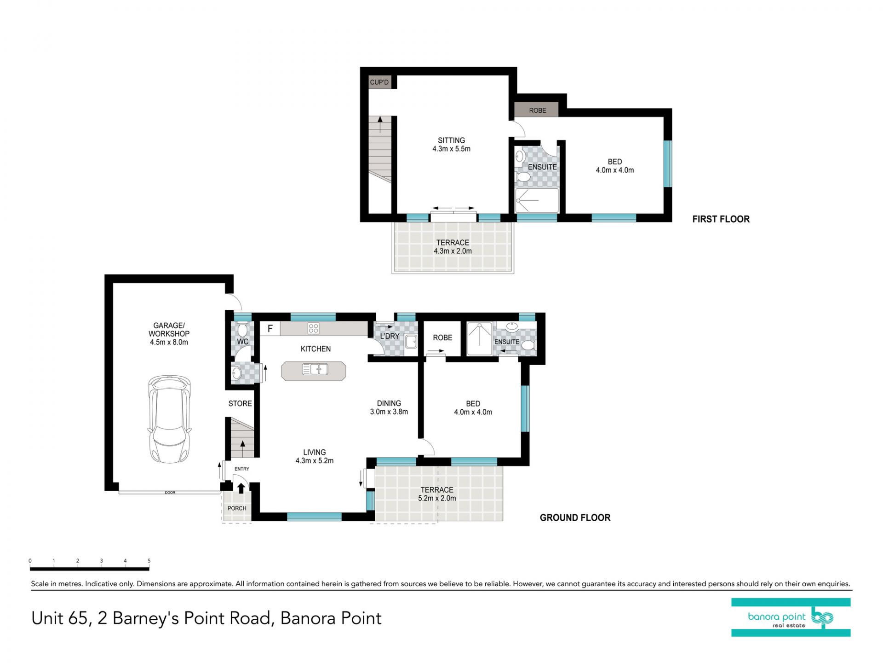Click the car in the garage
tap(169, 419)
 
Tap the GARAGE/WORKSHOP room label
tap(169, 334)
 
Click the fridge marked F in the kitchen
tap(270, 328)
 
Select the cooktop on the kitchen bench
tap(314, 328)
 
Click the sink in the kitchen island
tap(315, 369)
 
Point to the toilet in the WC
tap(243, 330)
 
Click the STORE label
tap(240, 404)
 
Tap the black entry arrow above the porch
tap(241, 489)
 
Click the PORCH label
tap(237, 508)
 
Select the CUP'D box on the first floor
tap(379, 82)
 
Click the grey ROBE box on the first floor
tap(537, 110)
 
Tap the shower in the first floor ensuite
tap(537, 200)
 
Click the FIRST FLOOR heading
tap(721, 219)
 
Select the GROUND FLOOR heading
tap(575, 518)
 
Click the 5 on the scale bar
tap(149, 561)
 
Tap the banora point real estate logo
tap(791, 617)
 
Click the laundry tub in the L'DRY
tap(411, 342)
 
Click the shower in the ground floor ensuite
tap(480, 339)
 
